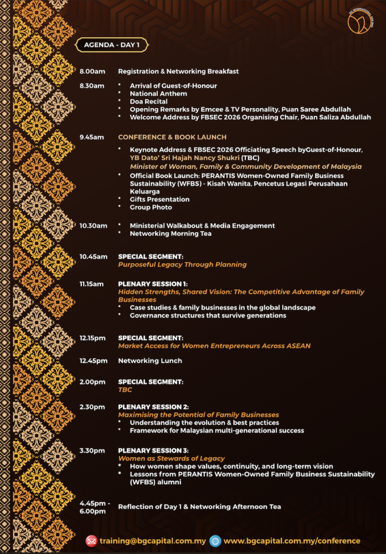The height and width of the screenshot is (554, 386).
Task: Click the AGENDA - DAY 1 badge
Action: pyautogui.click(x=112, y=45)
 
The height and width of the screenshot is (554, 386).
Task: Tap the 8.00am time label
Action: pyautogui.click(x=92, y=71)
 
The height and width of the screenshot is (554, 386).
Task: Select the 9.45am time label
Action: pyautogui.click(x=91, y=137)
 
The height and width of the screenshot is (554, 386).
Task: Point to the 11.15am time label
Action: pyautogui.click(x=92, y=284)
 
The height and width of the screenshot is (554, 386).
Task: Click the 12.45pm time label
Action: pyautogui.click(x=94, y=361)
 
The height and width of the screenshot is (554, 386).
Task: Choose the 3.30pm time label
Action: pyautogui.click(x=92, y=451)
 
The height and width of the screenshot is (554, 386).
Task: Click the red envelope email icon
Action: pyautogui.click(x=92, y=540)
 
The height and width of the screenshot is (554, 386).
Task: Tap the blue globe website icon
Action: pyautogui.click(x=215, y=540)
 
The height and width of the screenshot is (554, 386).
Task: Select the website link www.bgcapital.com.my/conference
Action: pyautogui.click(x=292, y=540)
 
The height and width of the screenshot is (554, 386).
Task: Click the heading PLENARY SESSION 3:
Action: pyautogui.click(x=153, y=451)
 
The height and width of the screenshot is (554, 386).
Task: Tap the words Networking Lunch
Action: pyautogui.click(x=150, y=361)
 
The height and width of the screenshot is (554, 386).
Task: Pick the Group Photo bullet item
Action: pyautogui.click(x=151, y=207)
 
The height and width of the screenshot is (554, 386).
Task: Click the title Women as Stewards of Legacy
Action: pyautogui.click(x=171, y=459)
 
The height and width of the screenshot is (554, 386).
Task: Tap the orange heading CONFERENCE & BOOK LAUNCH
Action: pyautogui.click(x=172, y=137)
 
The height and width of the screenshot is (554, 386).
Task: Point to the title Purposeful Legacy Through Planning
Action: pyautogui.click(x=182, y=265)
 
